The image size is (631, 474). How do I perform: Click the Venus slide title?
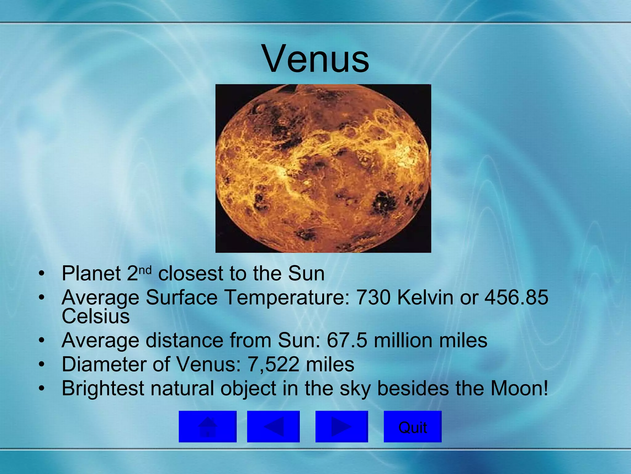click(316, 59)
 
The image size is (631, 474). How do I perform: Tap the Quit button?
click(413, 426)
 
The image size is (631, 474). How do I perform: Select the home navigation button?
click(207, 426)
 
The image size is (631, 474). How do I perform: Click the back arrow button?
click(273, 426)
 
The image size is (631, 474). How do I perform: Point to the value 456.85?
click(517, 297)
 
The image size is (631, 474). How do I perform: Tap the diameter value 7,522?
click(273, 364)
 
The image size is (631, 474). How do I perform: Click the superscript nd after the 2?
click(145, 270)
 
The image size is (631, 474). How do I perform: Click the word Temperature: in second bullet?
click(287, 297)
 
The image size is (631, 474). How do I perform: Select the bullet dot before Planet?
click(42, 273)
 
